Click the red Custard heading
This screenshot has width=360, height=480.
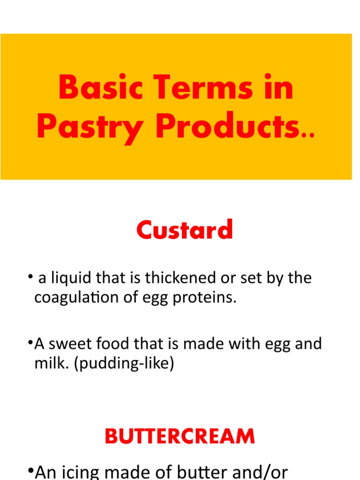point(184,230)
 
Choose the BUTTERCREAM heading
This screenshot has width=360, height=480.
point(180,436)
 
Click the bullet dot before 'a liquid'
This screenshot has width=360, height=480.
point(30,278)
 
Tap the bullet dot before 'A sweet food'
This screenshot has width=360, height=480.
point(30,344)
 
